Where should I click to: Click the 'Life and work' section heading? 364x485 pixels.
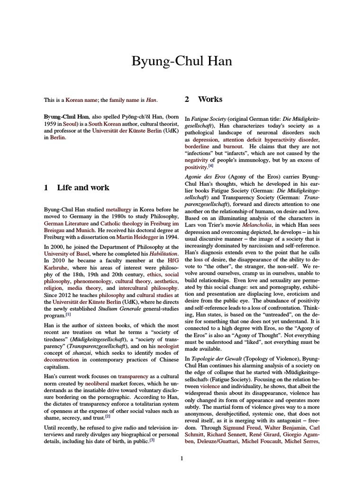click(x=83, y=188)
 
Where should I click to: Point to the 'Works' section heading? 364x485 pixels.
click(x=210, y=99)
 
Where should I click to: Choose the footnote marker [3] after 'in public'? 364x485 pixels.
click(x=152, y=439)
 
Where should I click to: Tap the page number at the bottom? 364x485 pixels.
click(x=182, y=458)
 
